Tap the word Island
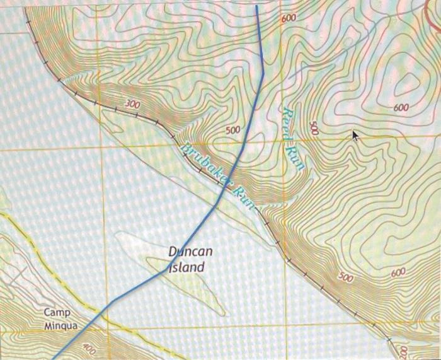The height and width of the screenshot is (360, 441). (x=187, y=267)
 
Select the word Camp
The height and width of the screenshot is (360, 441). (x=57, y=313)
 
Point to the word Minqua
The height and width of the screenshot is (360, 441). (x=62, y=326)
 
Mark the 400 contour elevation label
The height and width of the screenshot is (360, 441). (x=89, y=349)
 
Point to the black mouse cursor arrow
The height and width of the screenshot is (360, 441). (x=357, y=135)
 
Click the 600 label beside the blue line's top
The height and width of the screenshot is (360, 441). (x=289, y=18)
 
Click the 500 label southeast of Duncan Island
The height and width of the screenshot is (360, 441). (x=346, y=277)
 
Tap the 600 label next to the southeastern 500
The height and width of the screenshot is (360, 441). (x=398, y=272)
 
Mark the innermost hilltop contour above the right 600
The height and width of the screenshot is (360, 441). (x=406, y=83)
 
